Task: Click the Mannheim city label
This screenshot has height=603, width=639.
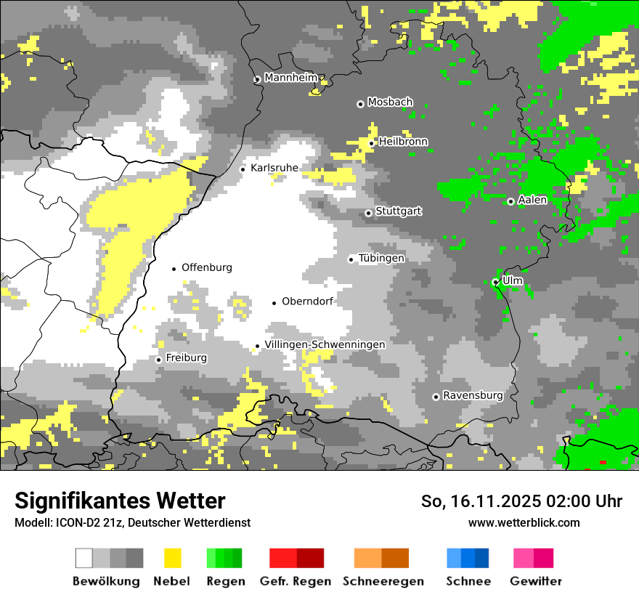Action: (x=292, y=78)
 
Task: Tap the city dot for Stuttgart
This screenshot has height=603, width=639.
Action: (x=369, y=213)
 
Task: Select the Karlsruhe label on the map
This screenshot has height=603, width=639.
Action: (x=274, y=168)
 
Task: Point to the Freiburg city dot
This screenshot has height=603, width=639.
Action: (x=158, y=360)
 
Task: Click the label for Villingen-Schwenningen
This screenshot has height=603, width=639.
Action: (x=325, y=344)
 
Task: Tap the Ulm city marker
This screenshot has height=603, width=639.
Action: (x=496, y=282)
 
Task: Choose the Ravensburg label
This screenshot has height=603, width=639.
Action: (x=473, y=395)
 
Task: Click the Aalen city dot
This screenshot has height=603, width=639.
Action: (x=510, y=201)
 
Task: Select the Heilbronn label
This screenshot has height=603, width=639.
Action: (x=403, y=142)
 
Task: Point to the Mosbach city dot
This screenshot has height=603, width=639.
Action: (x=360, y=104)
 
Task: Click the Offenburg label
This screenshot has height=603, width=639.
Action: (x=207, y=267)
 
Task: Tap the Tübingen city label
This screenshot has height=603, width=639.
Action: (x=381, y=258)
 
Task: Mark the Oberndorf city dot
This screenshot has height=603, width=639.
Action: (x=274, y=303)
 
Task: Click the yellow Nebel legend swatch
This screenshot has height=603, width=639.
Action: (x=172, y=558)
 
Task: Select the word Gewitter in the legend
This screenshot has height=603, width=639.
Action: (x=536, y=581)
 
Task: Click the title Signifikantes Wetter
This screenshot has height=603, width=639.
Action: (x=120, y=501)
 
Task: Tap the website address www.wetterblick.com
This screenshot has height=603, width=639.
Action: (x=524, y=522)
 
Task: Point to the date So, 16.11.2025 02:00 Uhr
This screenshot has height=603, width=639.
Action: (x=521, y=501)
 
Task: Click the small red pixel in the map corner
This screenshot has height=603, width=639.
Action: (x=602, y=462)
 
